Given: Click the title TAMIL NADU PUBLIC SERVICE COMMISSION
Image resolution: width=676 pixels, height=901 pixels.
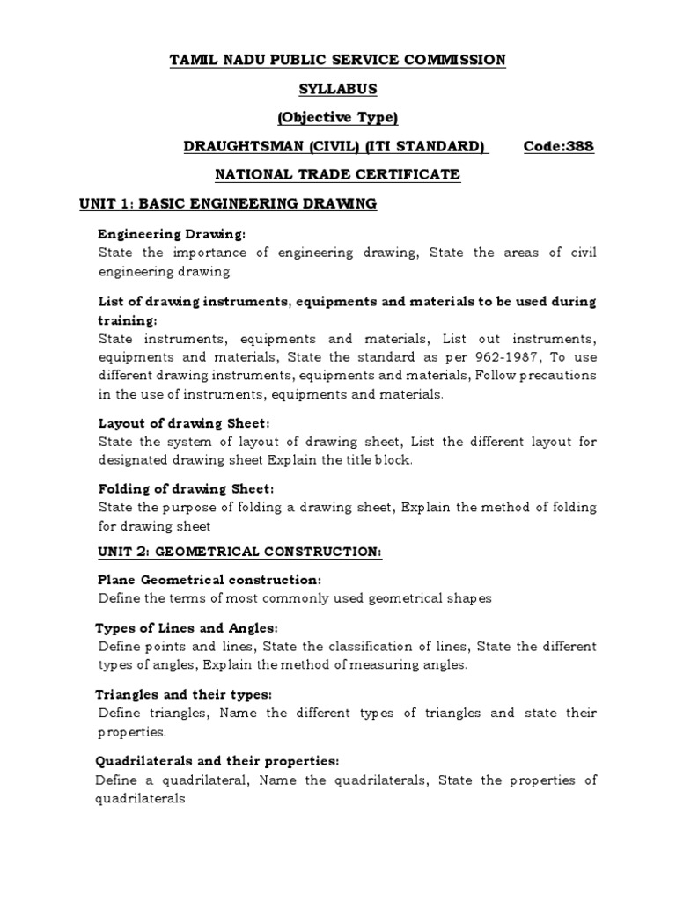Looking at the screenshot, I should (x=337, y=60).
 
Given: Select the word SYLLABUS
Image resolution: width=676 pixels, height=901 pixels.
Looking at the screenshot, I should (x=337, y=89).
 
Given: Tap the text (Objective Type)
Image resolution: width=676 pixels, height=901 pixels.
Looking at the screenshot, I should (x=337, y=118).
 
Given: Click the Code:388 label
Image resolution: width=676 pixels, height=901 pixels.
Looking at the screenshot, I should (x=558, y=146).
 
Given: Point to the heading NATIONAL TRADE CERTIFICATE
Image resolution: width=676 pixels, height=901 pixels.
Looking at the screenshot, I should (x=337, y=175).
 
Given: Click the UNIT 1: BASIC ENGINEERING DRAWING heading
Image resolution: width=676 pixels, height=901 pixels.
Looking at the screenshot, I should (x=228, y=204).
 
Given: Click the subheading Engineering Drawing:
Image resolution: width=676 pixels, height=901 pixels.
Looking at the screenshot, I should (x=172, y=235).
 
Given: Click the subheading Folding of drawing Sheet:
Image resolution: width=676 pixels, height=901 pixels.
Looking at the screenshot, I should (x=187, y=488).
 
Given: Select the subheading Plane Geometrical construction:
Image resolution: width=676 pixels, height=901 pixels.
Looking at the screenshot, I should (x=209, y=581).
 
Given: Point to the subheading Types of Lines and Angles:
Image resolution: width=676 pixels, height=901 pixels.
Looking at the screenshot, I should (x=186, y=628).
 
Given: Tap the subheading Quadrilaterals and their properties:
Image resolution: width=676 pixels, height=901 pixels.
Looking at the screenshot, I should (x=217, y=760).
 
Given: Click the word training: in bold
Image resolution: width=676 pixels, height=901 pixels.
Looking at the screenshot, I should (x=127, y=320).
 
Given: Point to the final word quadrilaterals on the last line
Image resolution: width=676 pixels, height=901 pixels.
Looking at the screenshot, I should (x=139, y=798).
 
